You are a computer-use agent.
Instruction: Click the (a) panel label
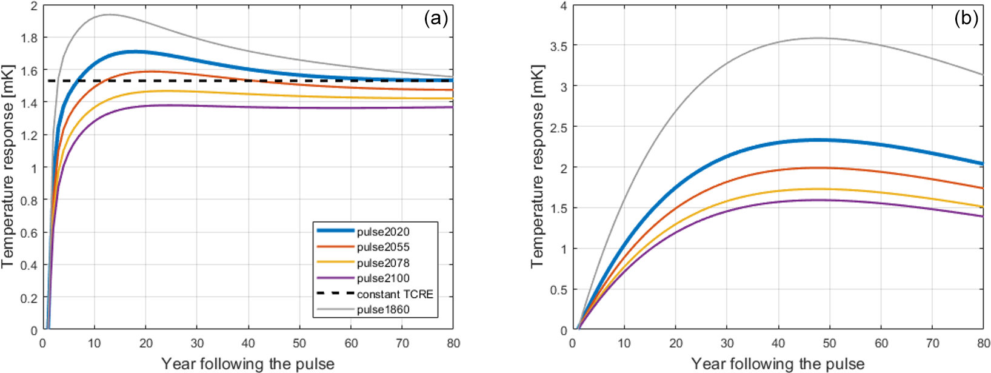[436, 19]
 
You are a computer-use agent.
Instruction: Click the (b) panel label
[966, 19]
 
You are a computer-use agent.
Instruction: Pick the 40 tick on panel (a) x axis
[249, 344]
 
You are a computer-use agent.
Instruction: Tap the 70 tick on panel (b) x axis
[932, 344]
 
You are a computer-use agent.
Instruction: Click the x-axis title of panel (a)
[247, 364]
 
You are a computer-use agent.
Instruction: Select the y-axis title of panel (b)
[537, 166]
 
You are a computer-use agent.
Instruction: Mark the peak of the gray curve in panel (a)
[109, 15]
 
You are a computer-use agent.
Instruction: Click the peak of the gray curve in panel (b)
[818, 38]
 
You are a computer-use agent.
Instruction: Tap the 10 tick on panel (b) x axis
[624, 344]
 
